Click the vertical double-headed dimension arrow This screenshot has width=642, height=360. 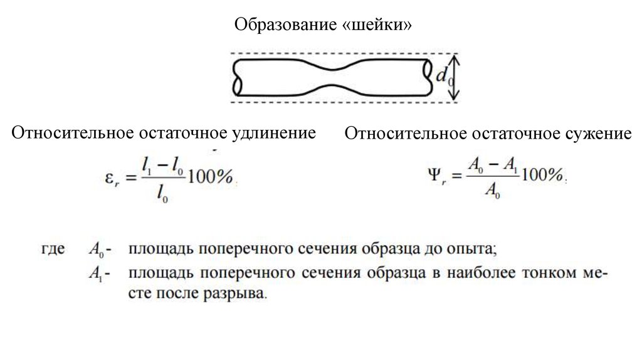[x=456, y=78]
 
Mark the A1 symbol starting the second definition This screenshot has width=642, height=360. [x=96, y=273]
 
